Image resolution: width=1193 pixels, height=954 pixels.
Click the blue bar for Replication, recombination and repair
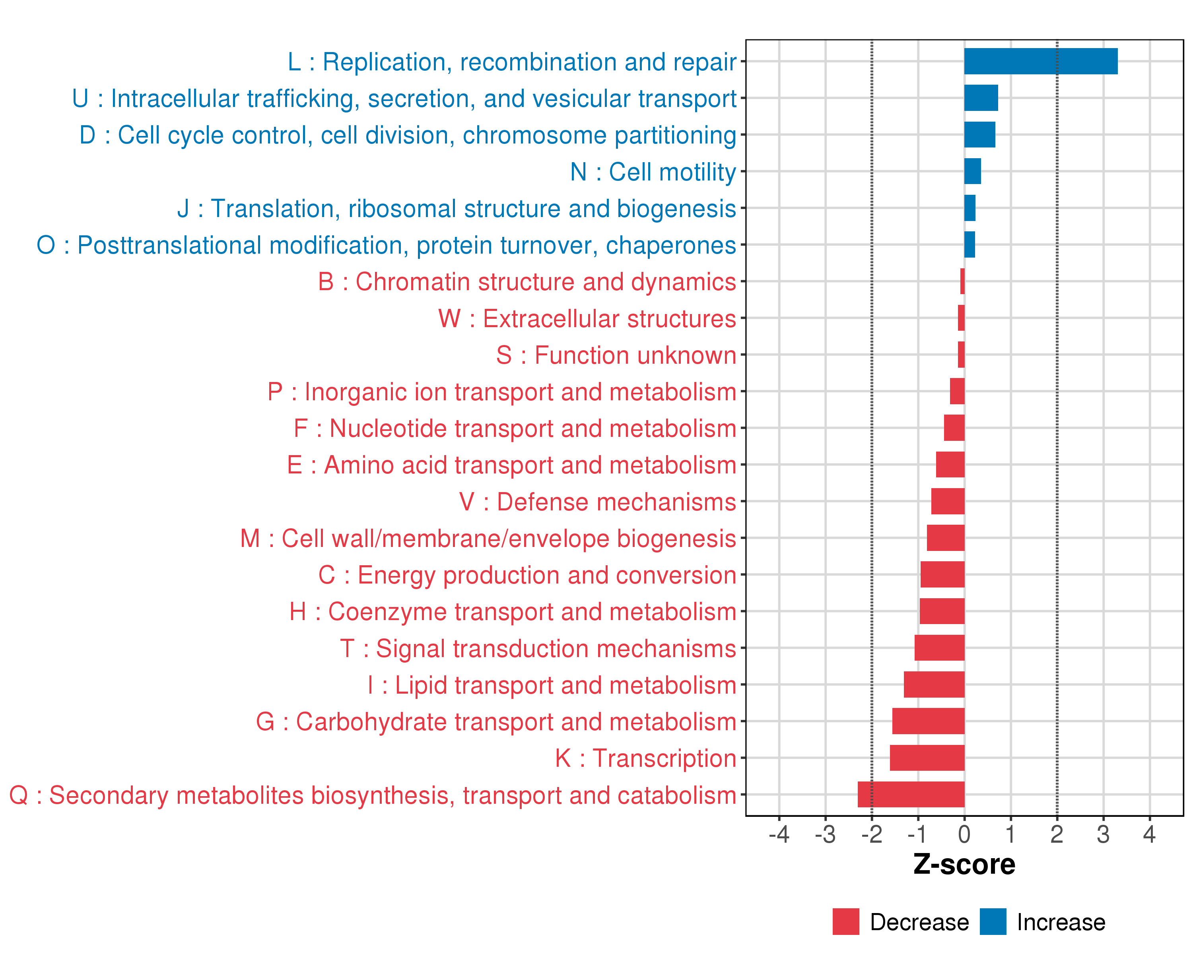click(x=1040, y=61)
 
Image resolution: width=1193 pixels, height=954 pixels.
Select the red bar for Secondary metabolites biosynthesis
click(x=911, y=794)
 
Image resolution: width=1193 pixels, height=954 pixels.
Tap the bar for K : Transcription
click(x=927, y=758)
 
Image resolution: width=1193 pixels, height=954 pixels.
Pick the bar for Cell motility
click(x=972, y=171)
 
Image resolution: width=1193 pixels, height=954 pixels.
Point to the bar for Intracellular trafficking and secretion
click(x=981, y=98)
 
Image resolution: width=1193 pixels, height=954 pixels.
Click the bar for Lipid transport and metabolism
click(x=934, y=684)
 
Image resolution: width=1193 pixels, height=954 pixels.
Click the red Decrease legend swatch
click(x=845, y=921)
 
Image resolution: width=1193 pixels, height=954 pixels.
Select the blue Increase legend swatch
click(x=993, y=921)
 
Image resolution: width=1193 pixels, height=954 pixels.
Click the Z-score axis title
click(x=964, y=865)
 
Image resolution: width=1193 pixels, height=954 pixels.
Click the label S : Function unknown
click(x=616, y=355)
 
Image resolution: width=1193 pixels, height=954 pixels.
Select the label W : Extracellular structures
click(x=587, y=318)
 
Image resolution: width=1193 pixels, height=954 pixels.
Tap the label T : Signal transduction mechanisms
click(x=538, y=649)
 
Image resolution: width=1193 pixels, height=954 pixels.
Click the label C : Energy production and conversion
click(x=527, y=575)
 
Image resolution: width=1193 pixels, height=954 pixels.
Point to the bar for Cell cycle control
click(x=979, y=134)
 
